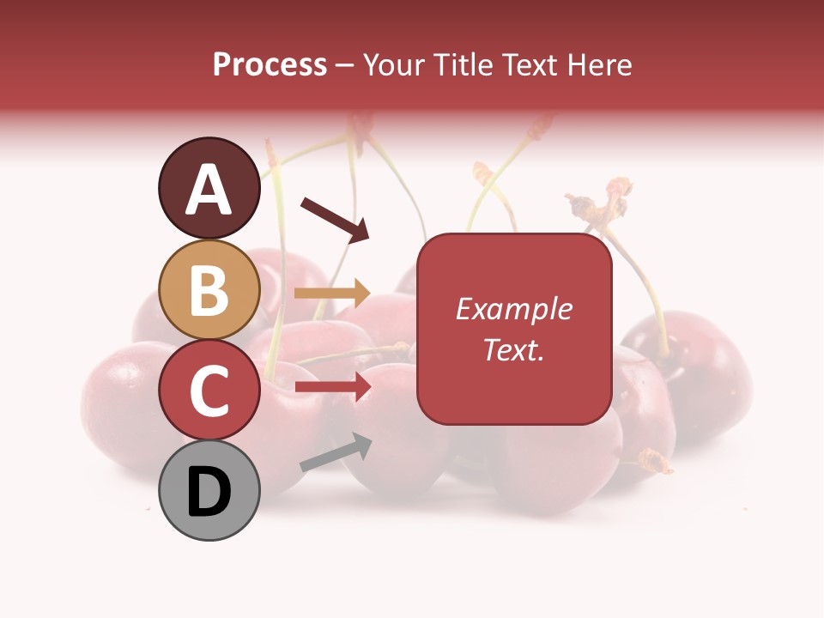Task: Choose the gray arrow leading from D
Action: (335, 452)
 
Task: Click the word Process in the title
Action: (270, 65)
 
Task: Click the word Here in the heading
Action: (601, 65)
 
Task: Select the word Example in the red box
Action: (513, 309)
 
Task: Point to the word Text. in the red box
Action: (513, 349)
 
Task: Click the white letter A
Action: (209, 190)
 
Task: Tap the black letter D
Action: (209, 493)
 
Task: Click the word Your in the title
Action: (394, 65)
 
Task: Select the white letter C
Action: (209, 391)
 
